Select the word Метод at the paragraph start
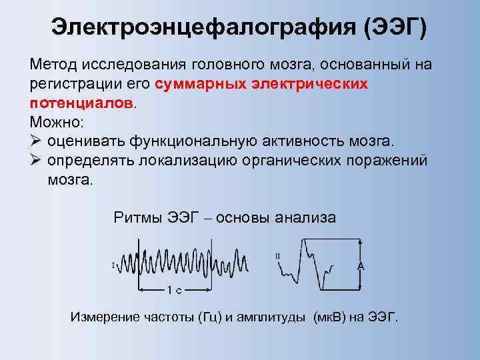pyautogui.click(x=54, y=65)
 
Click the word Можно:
pyautogui.click(x=57, y=123)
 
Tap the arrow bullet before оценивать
pyautogui.click(x=37, y=142)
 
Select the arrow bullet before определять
pyautogui.click(x=37, y=161)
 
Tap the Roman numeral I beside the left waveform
pyautogui.click(x=113, y=265)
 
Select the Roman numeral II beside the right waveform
pyautogui.click(x=277, y=255)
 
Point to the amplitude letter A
pyautogui.click(x=361, y=265)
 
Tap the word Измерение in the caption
pyautogui.click(x=103, y=317)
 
